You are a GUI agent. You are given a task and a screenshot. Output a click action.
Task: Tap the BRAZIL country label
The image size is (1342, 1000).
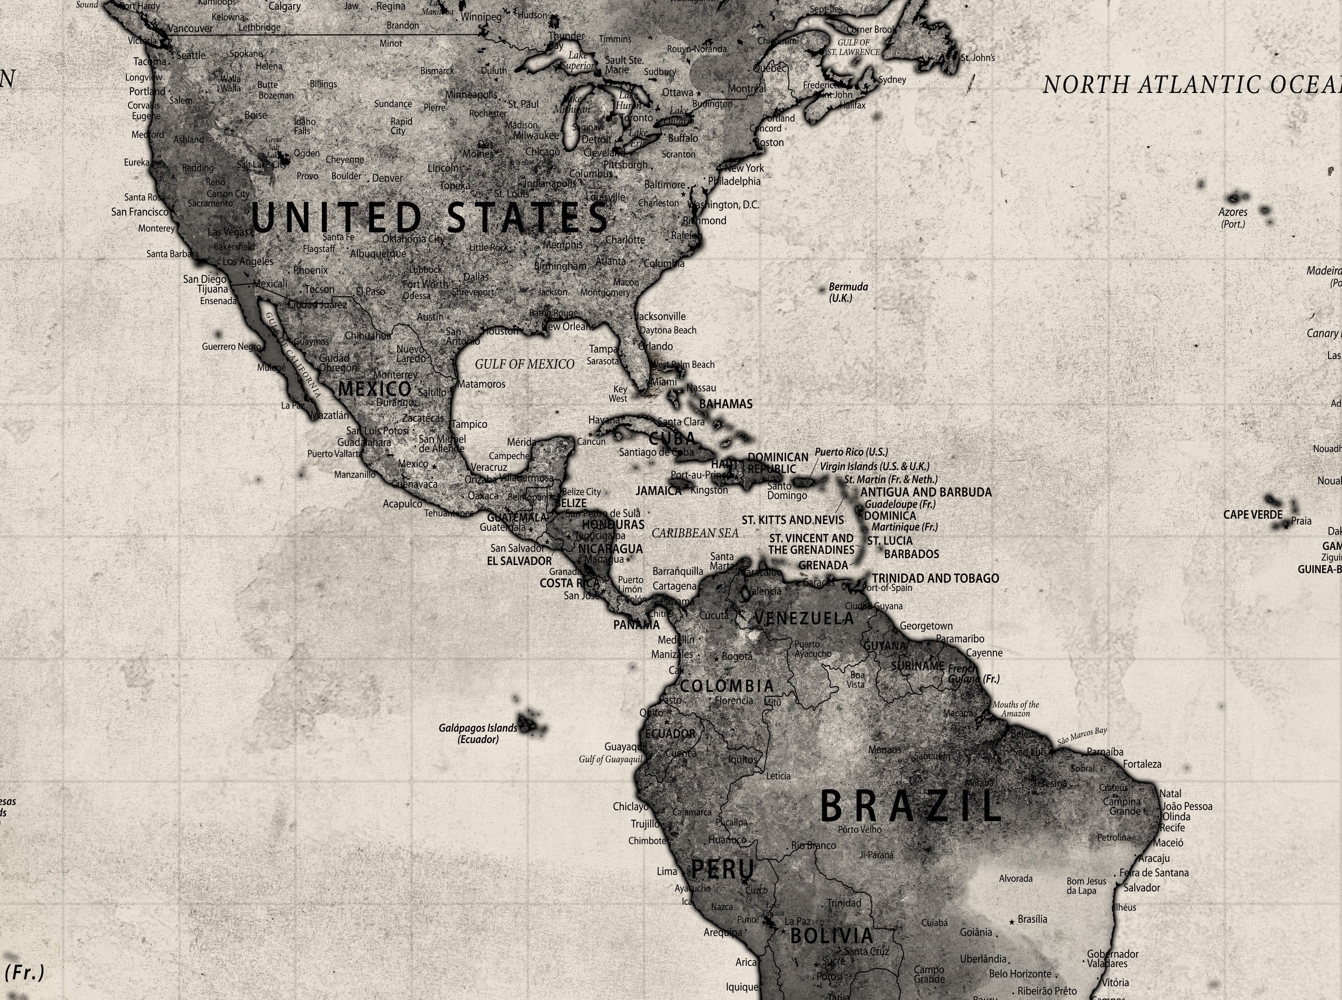(x=910, y=807)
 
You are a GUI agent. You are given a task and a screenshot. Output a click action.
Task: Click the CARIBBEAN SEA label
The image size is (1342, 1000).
(x=695, y=533)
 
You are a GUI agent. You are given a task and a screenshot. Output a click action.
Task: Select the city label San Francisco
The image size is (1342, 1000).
(x=140, y=212)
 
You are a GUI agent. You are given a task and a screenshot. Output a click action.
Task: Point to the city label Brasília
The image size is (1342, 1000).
(x=1032, y=919)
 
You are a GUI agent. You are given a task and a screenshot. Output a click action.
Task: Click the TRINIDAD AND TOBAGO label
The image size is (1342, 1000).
(x=935, y=579)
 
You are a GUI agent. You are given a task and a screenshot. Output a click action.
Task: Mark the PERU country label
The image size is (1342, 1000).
(x=722, y=870)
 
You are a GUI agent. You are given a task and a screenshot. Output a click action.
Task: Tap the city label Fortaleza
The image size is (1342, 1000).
(x=1142, y=764)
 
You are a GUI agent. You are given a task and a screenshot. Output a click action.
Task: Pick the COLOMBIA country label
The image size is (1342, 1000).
(x=726, y=686)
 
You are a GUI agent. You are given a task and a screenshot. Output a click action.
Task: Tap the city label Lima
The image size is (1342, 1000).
(x=667, y=872)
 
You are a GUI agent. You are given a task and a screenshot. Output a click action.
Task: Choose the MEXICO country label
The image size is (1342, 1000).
(x=374, y=389)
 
